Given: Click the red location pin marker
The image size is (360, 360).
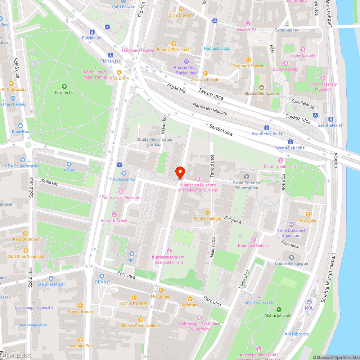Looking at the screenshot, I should tap(180, 172).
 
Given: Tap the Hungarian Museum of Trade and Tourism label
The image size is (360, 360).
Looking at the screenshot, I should tap(198, 188).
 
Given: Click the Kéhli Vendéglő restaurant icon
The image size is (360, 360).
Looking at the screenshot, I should tap(207, 212).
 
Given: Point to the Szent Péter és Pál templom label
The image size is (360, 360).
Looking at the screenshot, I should tap(247, 185).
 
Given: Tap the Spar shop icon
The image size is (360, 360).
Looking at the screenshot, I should tap(132, 254).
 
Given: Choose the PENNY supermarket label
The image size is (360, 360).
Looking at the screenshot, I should tap(102, 282).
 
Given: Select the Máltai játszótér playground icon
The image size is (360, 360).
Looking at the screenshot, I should tap(279, 309).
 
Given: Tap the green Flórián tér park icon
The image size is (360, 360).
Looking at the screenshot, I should tap(64, 86).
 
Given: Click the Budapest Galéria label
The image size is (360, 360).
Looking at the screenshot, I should tap(253, 246).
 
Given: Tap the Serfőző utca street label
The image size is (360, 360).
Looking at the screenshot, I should tap(221, 130).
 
